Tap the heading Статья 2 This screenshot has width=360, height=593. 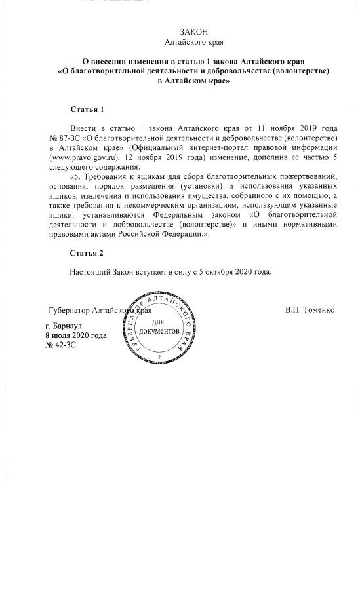87,253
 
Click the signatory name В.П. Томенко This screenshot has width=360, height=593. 310,309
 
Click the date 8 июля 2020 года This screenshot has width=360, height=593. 75,335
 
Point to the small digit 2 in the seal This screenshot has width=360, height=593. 159,356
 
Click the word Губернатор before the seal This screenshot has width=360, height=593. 70,309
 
